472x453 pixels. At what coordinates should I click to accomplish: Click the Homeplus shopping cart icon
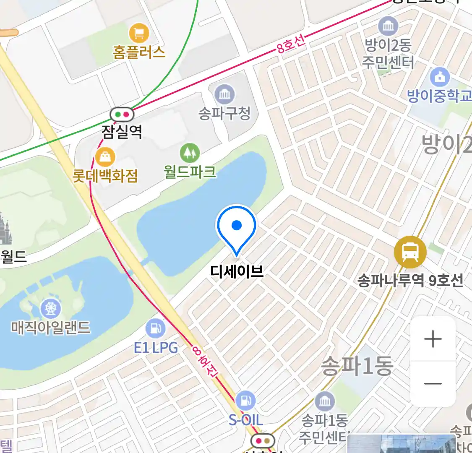pos(139,32)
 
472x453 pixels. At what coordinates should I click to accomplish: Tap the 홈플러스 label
pos(139,52)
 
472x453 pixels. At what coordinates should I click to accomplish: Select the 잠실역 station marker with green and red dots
pos(122,114)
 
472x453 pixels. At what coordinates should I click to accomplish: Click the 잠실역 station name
pos(122,132)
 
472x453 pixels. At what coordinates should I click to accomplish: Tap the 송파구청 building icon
pos(224,94)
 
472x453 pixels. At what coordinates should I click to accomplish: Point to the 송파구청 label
pos(224,113)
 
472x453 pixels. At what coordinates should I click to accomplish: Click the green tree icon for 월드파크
pos(190,153)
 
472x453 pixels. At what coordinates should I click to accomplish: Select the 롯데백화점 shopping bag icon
pos(105,157)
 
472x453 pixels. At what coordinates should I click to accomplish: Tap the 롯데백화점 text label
pos(105,176)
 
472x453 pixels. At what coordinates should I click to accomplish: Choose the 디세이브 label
pos(237,271)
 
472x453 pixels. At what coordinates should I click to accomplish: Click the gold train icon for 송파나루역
pos(410,252)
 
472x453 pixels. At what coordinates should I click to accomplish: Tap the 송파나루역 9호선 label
pos(410,280)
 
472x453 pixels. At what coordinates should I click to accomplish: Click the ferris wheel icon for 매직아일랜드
pos(51,309)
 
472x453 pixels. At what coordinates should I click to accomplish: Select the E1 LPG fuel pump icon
pos(155,328)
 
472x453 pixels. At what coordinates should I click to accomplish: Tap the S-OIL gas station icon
pos(245,401)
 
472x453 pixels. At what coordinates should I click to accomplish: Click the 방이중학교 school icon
pos(440,77)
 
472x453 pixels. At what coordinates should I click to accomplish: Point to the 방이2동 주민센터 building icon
pos(388,27)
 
